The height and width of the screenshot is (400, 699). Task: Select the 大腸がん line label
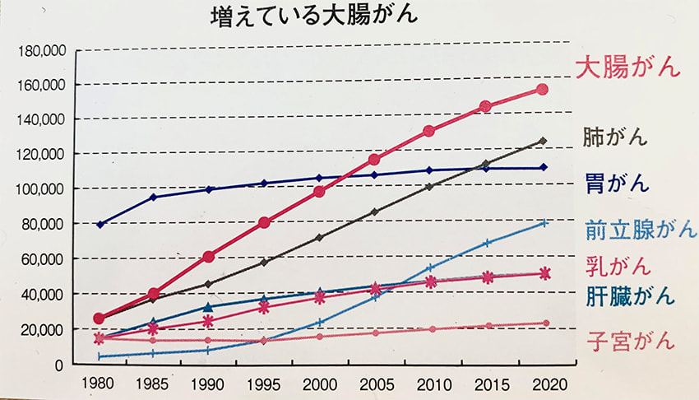pyautogui.click(x=628, y=67)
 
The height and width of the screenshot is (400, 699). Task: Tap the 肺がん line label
pyautogui.click(x=614, y=136)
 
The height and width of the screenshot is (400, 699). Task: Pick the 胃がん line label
pyautogui.click(x=614, y=181)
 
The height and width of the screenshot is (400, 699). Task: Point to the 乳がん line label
pyautogui.click(x=618, y=266)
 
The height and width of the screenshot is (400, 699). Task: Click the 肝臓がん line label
pyautogui.click(x=631, y=295)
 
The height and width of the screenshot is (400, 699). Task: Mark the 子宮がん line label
pyautogui.click(x=631, y=339)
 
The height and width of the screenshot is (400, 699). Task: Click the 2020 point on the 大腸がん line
pyautogui.click(x=542, y=89)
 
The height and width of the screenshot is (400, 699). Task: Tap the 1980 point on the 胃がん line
pyautogui.click(x=100, y=225)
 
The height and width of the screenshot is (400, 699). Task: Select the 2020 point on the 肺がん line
pyautogui.click(x=542, y=141)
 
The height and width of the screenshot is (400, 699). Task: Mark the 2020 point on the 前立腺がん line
pyautogui.click(x=542, y=222)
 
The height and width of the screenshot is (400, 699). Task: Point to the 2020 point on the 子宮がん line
pyautogui.click(x=542, y=323)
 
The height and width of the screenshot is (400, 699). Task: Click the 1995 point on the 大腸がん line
pyautogui.click(x=264, y=222)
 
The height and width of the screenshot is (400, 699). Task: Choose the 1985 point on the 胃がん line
pyautogui.click(x=154, y=197)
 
